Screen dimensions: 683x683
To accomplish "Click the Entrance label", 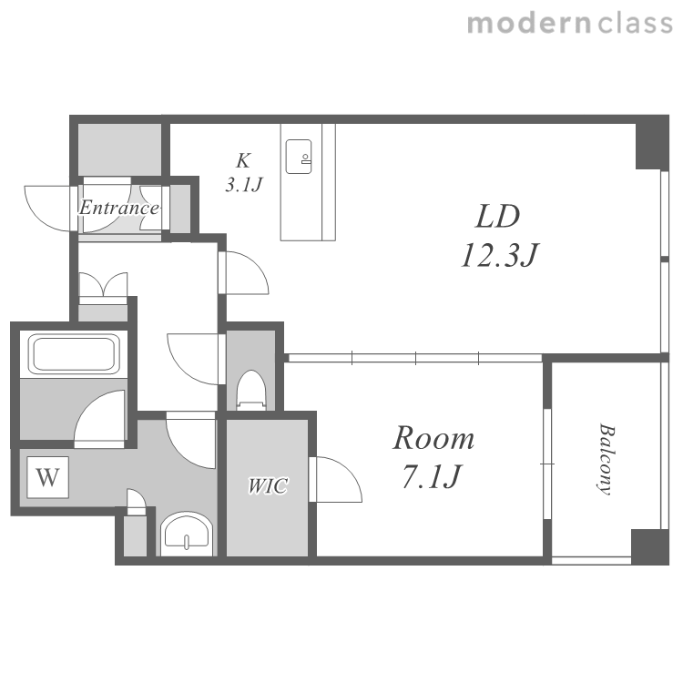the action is pos(118,208).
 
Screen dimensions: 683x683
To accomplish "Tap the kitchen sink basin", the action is pos(299,157).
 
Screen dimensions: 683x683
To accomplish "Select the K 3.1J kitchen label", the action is pos(243,172).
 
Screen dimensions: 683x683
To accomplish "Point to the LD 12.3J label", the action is pos(499,235).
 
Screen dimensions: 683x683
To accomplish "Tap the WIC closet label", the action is pos(268,485).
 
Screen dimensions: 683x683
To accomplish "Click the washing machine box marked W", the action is pos(47,477).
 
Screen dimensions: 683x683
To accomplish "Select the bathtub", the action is pos(74,354).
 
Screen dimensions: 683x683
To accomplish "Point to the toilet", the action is pos(251,390).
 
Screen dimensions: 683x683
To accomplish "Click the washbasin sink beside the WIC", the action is pos(187,534).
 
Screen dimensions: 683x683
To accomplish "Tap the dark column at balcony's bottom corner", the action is pos(649,545).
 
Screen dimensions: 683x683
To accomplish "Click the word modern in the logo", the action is pos(529,23).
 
